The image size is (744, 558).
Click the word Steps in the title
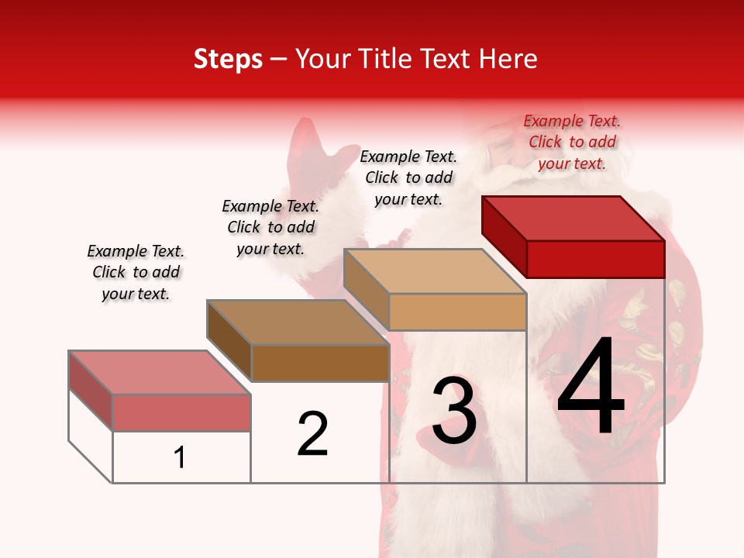click(228, 59)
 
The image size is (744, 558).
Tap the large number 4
click(591, 387)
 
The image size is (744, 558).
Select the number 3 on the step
click(453, 411)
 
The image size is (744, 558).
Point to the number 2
click(312, 434)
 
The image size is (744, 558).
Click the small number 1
click(180, 458)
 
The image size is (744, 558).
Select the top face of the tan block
click(435, 271)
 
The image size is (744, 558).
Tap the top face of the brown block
click(298, 322)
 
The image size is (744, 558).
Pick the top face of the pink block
click(160, 372)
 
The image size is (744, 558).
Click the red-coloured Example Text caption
click(572, 142)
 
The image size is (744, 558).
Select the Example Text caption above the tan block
click(408, 177)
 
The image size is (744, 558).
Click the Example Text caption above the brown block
click(270, 227)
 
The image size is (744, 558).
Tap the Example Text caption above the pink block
click(136, 272)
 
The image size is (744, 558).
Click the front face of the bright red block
click(595, 259)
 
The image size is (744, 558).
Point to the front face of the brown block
click(320, 363)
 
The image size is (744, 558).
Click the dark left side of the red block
click(504, 232)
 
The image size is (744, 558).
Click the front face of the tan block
click(457, 312)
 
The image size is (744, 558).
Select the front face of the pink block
click(181, 412)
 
